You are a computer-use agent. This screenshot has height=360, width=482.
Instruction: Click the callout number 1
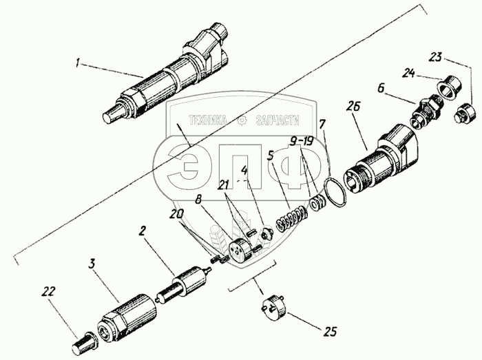78,64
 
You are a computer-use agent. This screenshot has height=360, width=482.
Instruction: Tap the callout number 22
49,291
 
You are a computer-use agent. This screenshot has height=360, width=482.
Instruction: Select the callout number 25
329,332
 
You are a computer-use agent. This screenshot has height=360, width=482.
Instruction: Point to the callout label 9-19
302,142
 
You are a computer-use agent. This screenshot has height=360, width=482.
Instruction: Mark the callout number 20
178,214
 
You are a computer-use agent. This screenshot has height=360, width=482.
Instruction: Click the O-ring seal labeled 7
336,193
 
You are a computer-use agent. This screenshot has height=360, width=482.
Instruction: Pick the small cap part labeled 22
84,342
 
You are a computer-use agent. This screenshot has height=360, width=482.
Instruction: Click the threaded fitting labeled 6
426,111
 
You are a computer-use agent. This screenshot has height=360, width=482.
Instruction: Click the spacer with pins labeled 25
274,306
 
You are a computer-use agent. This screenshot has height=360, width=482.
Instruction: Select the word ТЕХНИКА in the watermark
208,120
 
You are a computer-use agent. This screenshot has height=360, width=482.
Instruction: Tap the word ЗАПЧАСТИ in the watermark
277,120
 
